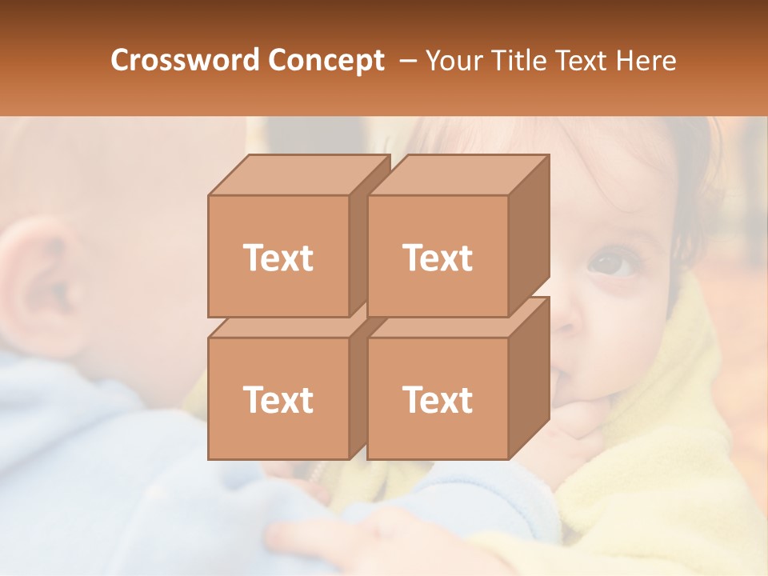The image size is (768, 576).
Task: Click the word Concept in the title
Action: point(326,61)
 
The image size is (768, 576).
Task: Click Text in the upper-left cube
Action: point(278,258)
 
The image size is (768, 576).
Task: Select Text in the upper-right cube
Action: point(437,258)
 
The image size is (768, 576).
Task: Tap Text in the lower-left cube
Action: point(278,399)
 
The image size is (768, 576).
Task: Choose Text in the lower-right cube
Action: point(437,399)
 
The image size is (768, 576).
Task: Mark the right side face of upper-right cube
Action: point(529,232)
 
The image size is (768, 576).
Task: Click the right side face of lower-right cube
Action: point(529,376)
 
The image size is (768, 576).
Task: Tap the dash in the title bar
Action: point(406,61)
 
